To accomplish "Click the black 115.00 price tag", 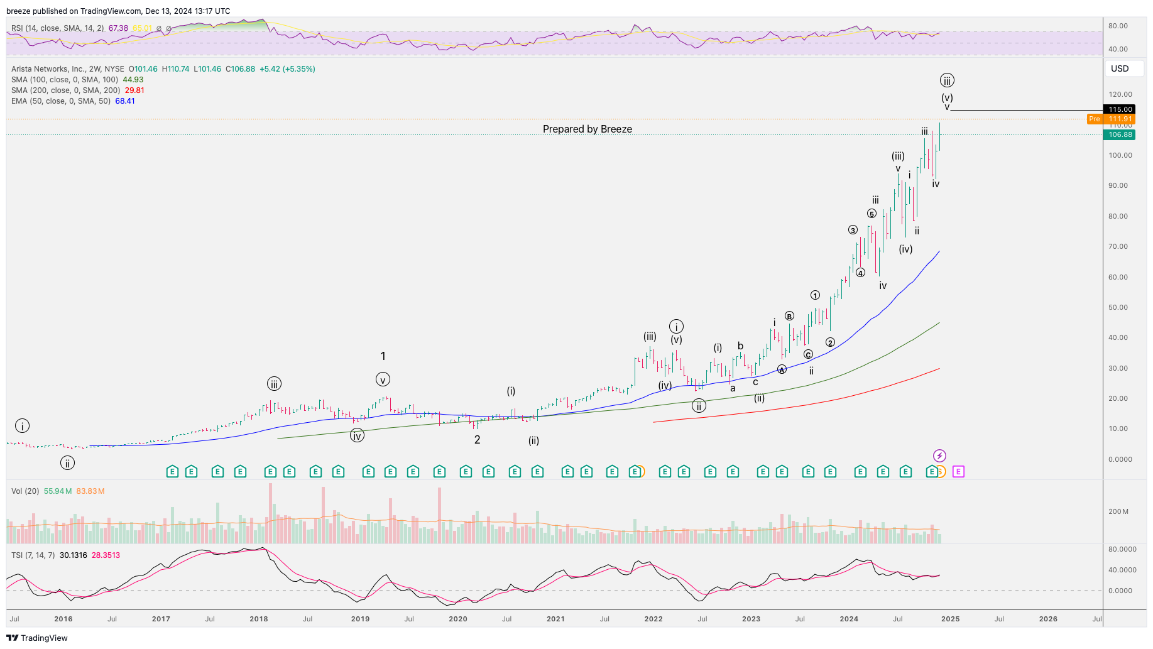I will tap(1120, 109).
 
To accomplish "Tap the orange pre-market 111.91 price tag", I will tap(1120, 119).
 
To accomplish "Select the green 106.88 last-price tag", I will tap(1120, 134).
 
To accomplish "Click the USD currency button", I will tap(1120, 68).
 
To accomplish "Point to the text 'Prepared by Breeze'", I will tap(587, 129).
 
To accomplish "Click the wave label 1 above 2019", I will tap(383, 356).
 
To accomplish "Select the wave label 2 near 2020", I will tap(477, 440).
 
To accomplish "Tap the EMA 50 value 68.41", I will tap(125, 101).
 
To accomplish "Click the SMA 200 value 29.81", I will tap(134, 90).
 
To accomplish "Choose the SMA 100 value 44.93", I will tap(133, 80).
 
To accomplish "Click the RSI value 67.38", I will tap(118, 28).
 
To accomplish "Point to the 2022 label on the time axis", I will tap(653, 619).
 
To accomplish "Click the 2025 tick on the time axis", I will tap(950, 619).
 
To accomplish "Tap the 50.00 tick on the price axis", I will tap(1118, 307).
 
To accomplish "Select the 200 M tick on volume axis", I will tap(1118, 511).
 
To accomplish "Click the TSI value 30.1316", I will tap(73, 555).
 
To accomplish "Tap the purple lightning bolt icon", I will tap(939, 455).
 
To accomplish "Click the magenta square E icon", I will tap(958, 471).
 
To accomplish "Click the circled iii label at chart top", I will tap(947, 80).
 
